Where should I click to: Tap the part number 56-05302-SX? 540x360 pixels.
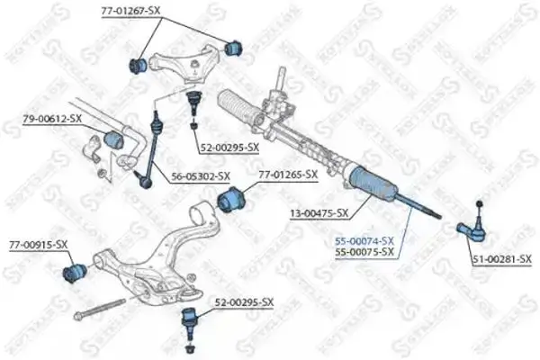199,176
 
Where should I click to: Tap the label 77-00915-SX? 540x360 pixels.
39,244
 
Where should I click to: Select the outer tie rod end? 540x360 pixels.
473,231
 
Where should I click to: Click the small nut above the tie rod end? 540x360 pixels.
480,201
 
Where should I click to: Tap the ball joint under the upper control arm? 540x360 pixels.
193,97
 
